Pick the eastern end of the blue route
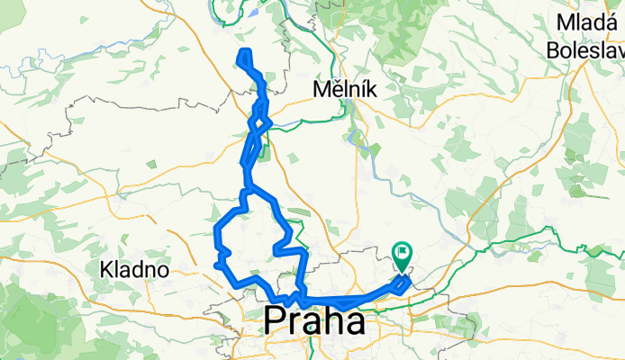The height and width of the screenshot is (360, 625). pyautogui.click(x=410, y=281)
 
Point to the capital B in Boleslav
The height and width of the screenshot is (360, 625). pyautogui.click(x=552, y=50)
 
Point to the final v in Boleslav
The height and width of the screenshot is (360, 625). pyautogui.click(x=618, y=50)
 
